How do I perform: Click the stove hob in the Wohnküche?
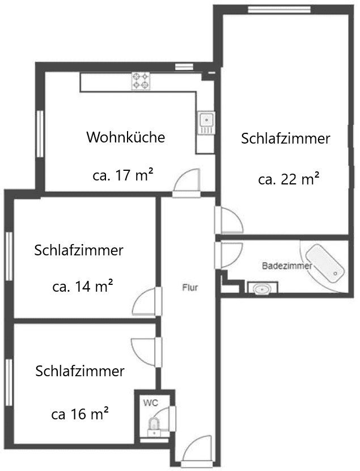(141, 81)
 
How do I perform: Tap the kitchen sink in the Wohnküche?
(206, 123)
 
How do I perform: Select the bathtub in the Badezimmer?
(325, 263)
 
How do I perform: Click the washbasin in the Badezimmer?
(262, 288)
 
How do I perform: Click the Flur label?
(190, 288)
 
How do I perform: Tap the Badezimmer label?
(287, 266)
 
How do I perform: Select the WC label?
(151, 403)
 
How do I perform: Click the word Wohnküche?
(126, 137)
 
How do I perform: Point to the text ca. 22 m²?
(289, 179)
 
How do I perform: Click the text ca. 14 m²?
(83, 286)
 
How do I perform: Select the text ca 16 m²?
(80, 414)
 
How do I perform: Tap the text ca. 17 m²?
(123, 175)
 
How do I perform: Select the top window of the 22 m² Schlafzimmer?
(279, 9)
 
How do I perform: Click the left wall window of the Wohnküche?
(40, 134)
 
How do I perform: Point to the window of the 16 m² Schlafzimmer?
(9, 382)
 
